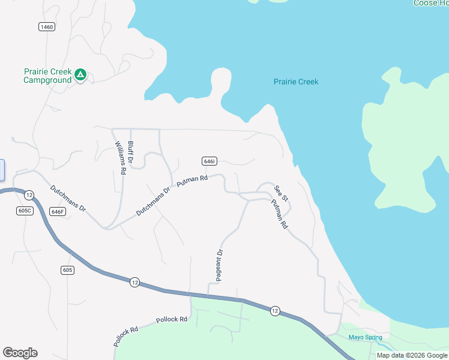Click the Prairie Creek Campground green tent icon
[80, 75]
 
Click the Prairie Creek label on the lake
[296, 82]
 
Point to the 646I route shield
[209, 161]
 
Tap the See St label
[281, 193]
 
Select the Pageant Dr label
[220, 264]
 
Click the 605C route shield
[25, 211]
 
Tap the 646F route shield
[58, 211]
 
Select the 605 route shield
[68, 270]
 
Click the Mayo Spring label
[365, 337]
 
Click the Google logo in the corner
[20, 353]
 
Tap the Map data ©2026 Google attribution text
[412, 355]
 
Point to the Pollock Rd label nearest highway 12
[172, 320]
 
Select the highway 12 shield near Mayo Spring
[274, 310]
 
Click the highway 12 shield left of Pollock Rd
[134, 282]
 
